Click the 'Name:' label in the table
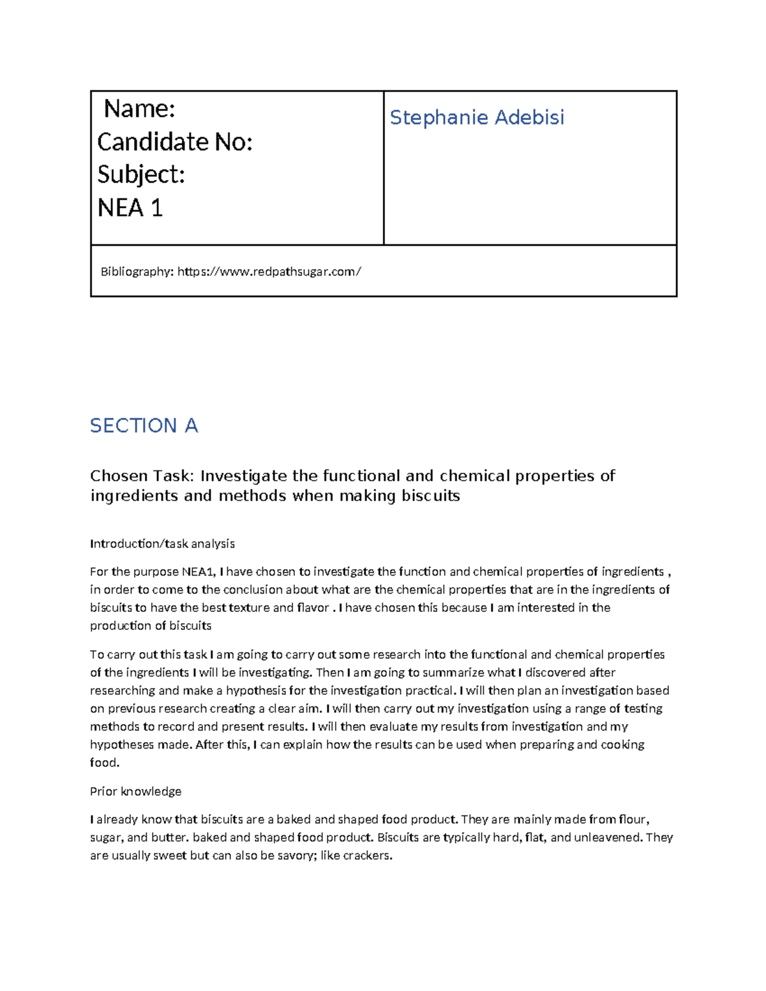point(139,109)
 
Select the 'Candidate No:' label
point(175,142)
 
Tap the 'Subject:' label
point(141,174)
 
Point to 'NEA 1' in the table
point(130,207)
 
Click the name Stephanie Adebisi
point(477,117)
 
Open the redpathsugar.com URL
point(269,272)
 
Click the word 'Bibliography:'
point(137,272)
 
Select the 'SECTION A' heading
point(144,426)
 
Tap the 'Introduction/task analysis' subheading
point(162,544)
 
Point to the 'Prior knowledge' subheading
point(135,791)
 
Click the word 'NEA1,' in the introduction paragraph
point(199,572)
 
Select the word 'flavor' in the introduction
point(313,607)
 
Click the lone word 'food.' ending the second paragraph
point(105,763)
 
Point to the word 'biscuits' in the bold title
point(431,496)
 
